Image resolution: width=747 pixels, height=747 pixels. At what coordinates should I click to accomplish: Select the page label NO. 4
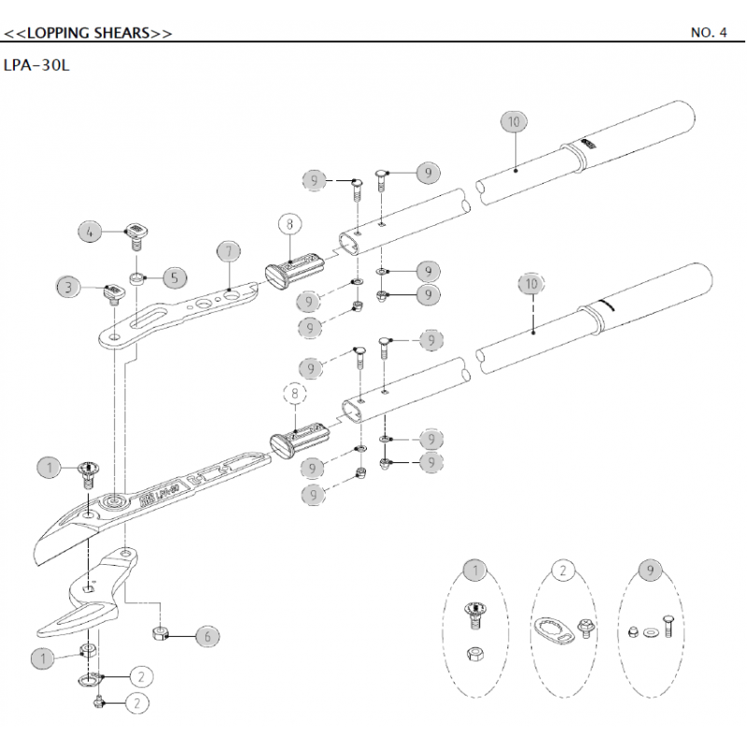[x=709, y=33]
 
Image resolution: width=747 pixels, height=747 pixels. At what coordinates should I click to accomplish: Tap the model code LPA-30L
[x=37, y=67]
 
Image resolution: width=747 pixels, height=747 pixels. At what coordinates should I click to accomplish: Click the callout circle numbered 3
[x=67, y=287]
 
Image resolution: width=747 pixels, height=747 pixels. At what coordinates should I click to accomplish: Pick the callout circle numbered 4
[x=89, y=231]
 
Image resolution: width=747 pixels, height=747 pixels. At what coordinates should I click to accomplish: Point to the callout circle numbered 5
[x=174, y=277]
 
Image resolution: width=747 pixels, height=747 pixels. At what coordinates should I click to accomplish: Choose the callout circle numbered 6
[x=207, y=636]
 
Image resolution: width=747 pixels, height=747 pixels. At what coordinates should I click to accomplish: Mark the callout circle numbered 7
[x=230, y=251]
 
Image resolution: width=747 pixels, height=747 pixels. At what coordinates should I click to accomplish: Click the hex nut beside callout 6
[x=161, y=634]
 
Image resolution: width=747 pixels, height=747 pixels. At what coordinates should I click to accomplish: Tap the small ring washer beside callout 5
[x=136, y=278]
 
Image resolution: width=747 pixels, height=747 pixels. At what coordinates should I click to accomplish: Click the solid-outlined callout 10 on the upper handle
[x=514, y=121]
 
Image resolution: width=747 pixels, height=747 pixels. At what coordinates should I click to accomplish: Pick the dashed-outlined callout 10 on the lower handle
[x=531, y=283]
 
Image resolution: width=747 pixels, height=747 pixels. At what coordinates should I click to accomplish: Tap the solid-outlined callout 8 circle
[x=290, y=224]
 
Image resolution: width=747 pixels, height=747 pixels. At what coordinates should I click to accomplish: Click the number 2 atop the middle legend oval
[x=562, y=571]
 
